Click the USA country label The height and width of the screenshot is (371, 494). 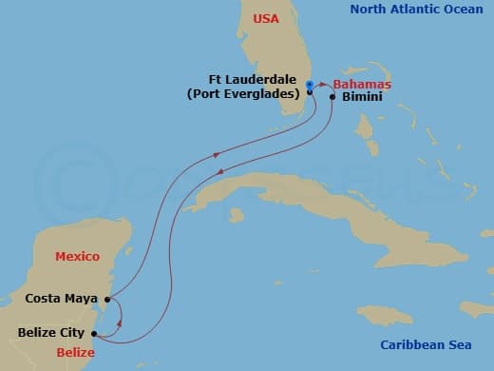tap(267, 18)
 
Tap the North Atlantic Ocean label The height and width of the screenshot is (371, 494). tap(409, 10)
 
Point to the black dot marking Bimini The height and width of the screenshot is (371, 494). tap(332, 97)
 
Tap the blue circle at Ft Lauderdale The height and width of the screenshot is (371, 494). tap(310, 85)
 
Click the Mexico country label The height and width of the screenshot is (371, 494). tap(77, 257)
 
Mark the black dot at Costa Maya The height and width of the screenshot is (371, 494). tap(107, 299)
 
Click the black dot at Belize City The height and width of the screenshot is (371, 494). tap(94, 333)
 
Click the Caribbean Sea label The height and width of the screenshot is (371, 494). tap(426, 345)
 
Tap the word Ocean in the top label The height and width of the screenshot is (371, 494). tap(450, 10)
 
